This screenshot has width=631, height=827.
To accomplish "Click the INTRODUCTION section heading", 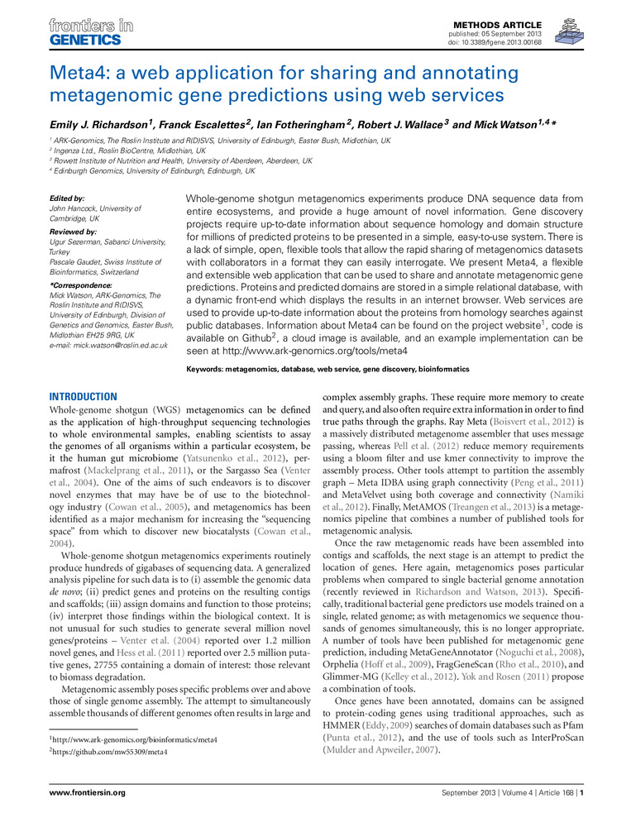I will pyautogui.click(x=84, y=396).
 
